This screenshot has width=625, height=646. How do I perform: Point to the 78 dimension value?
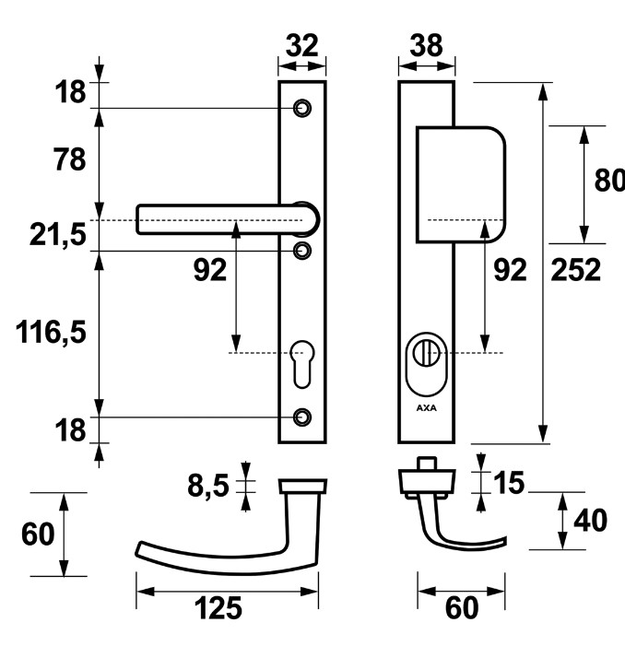pyautogui.click(x=69, y=159)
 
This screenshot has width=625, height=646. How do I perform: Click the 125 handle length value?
pyautogui.click(x=218, y=608)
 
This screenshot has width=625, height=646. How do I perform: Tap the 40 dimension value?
pyautogui.click(x=590, y=520)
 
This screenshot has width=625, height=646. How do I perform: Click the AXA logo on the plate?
pyautogui.click(x=426, y=406)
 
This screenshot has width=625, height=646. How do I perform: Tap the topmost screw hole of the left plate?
pyautogui.click(x=301, y=108)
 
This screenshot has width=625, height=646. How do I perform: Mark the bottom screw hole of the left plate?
pyautogui.click(x=301, y=417)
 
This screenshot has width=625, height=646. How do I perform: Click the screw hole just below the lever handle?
pyautogui.click(x=301, y=250)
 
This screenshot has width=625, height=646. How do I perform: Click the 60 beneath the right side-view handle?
pyautogui.click(x=461, y=608)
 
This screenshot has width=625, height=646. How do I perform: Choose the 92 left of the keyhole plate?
pyautogui.click(x=210, y=270)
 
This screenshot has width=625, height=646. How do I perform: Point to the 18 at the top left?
pyautogui.click(x=69, y=92)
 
